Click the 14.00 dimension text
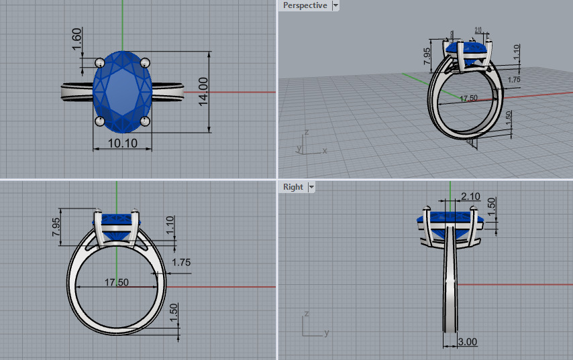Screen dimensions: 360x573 pos(203,91)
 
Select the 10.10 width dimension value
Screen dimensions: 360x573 pos(122,143)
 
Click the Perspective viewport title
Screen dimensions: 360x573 pos(305,5)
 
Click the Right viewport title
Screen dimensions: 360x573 pos(293,187)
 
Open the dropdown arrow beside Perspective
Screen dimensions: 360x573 pos(335,5)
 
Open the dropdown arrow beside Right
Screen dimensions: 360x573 pos(312,187)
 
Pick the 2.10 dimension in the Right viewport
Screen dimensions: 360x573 pos(470,196)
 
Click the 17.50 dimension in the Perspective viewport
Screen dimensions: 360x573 pos(468,98)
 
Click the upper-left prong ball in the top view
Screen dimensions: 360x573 pos(100,62)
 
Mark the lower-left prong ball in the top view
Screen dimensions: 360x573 pos(100,121)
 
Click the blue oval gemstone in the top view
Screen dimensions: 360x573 pos(123,91)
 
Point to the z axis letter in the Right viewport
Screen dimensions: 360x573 pos(305,314)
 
